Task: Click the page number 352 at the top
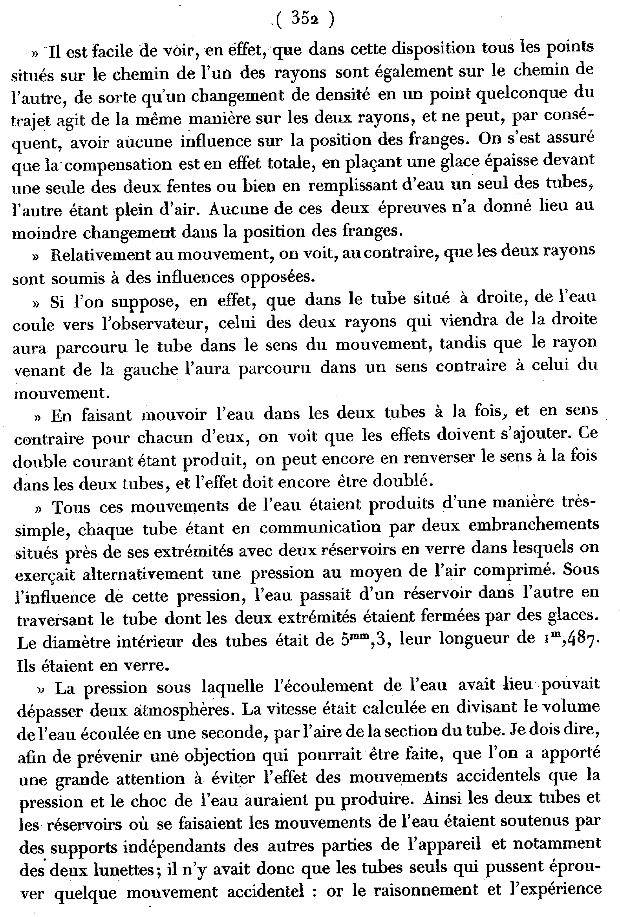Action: [305, 19]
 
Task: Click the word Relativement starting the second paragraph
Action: [100, 254]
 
